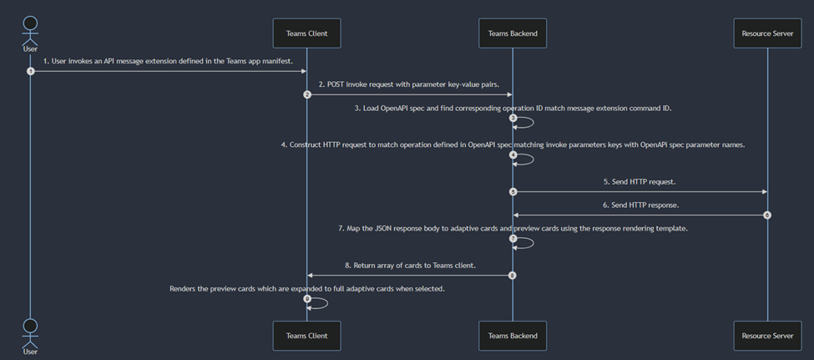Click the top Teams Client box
pos(306,33)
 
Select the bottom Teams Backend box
pos(513,335)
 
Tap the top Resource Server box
pos(767,33)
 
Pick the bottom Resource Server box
pos(767,335)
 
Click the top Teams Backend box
pos(513,33)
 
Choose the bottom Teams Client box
pos(306,335)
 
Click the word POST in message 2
pos(336,84)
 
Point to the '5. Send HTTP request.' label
pos(640,181)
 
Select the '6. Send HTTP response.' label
pos(640,205)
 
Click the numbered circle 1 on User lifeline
pos(31,71)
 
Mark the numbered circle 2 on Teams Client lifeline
pos(307,94)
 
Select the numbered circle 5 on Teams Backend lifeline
pos(513,191)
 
